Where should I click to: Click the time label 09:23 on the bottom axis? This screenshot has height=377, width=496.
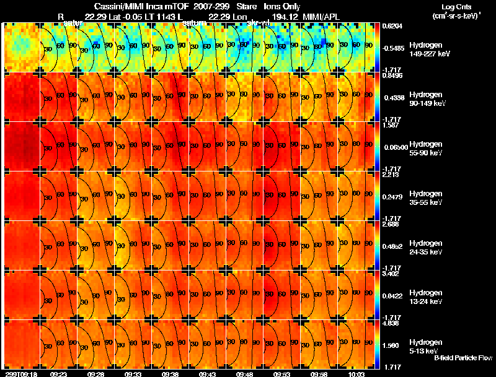point(59,374)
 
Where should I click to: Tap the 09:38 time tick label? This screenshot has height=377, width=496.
point(170,374)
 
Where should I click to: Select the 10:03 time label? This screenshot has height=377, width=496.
point(356,374)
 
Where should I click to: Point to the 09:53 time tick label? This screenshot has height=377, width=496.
point(282,374)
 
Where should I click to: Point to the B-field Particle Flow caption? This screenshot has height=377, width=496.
point(463,358)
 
